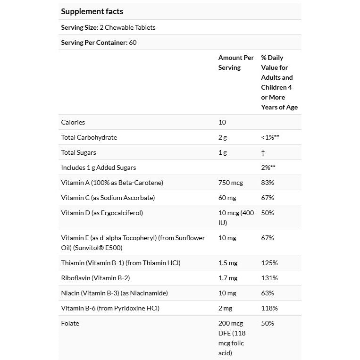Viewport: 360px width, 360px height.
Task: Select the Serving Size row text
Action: coord(108,27)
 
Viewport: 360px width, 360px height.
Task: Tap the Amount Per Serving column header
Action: coord(236,62)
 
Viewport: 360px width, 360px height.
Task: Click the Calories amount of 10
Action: coord(222,122)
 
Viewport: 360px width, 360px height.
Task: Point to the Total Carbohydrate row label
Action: coord(89,137)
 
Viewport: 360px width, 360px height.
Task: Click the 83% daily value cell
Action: coord(268,183)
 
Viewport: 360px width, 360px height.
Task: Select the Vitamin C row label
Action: coord(108,198)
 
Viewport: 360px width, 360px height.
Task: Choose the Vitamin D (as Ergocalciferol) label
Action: coord(102,213)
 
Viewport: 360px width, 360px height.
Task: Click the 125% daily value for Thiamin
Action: coord(269,263)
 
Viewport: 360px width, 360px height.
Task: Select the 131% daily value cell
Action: coord(269,278)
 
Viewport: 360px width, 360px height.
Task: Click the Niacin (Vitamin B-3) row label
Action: coord(115,293)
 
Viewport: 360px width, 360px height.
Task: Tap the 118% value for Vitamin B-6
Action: coord(269,308)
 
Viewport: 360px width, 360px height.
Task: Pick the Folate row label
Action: coord(70,323)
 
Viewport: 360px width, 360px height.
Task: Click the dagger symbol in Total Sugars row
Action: coord(263,152)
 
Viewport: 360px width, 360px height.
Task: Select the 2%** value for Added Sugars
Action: coord(268,167)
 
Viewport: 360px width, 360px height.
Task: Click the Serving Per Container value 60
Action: coord(133,42)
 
